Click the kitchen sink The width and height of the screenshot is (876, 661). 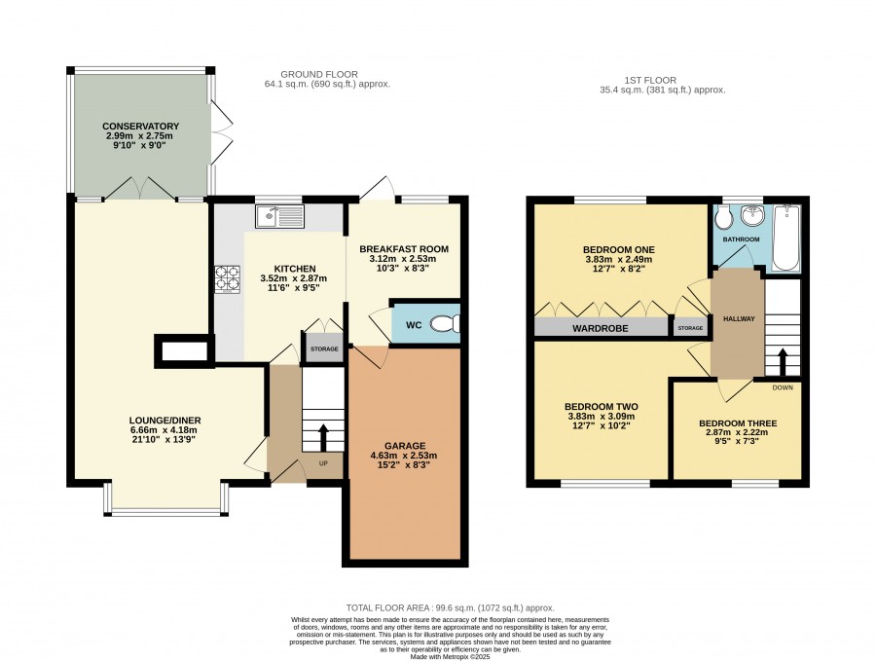point(280,216)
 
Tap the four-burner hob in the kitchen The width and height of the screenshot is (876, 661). point(228,279)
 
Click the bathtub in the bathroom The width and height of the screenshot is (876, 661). point(786,238)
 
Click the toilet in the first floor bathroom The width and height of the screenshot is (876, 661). point(723,217)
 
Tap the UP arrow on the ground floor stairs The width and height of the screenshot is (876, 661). point(323,437)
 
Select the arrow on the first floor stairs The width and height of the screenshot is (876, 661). point(783,362)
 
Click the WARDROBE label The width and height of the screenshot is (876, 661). point(600,328)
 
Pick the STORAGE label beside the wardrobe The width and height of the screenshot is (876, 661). point(690,328)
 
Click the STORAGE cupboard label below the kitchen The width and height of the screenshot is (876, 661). point(324,349)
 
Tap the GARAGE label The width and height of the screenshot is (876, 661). point(405,446)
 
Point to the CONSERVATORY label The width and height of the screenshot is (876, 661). point(141,127)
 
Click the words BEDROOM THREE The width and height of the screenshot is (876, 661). point(738,423)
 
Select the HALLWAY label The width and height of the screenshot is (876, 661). point(739,318)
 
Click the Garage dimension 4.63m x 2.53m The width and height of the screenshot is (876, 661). point(404,456)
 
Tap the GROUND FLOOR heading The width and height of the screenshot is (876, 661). point(319,74)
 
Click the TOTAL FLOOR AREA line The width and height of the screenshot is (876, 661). point(451,607)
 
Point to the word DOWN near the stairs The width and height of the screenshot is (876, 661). point(783,387)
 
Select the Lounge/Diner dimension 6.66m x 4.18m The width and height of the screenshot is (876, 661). point(164,430)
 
